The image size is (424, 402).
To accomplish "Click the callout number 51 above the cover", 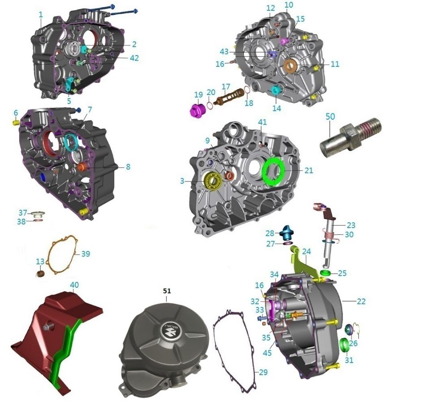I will click(167, 291).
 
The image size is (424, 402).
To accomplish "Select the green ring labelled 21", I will click(273, 171).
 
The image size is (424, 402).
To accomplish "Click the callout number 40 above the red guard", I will click(74, 285).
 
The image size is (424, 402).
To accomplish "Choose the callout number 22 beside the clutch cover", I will click(361, 302).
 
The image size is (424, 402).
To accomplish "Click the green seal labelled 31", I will click(345, 346).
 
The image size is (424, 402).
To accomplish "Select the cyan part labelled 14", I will click(276, 91).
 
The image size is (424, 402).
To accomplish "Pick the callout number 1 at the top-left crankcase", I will click(41, 14).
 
